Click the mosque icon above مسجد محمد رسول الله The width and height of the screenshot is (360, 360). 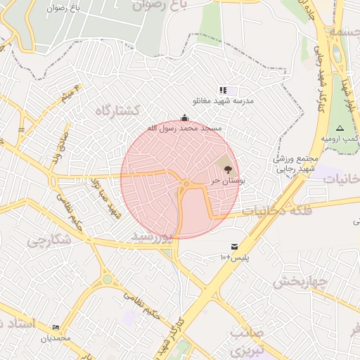(184, 117)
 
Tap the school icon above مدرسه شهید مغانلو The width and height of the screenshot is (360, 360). (223, 90)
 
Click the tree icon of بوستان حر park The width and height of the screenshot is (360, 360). (226, 168)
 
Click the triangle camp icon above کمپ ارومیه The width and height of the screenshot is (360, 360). (340, 128)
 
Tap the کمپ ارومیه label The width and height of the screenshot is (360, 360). (341, 139)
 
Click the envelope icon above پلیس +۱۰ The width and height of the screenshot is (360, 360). (233, 247)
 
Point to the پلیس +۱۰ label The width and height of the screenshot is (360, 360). (235, 258)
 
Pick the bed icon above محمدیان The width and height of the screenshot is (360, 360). (56, 327)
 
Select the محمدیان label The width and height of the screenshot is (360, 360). (56, 338)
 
